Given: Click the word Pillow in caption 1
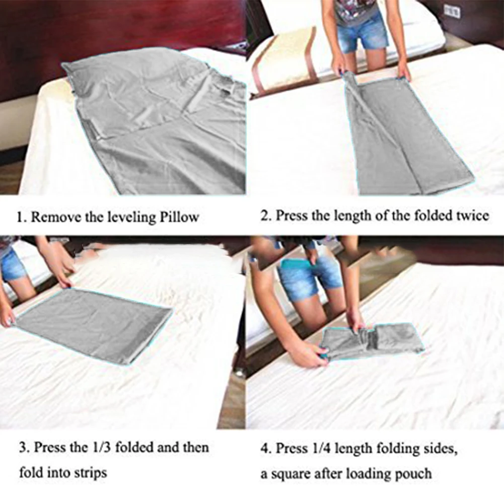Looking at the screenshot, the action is tap(179, 218).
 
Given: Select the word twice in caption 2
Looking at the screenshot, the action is tap(472, 215).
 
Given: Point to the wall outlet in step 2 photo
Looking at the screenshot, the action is tap(452, 11).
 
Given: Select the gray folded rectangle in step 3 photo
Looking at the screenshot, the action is tap(93, 325).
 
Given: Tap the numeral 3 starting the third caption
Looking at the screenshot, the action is tap(22, 448).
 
